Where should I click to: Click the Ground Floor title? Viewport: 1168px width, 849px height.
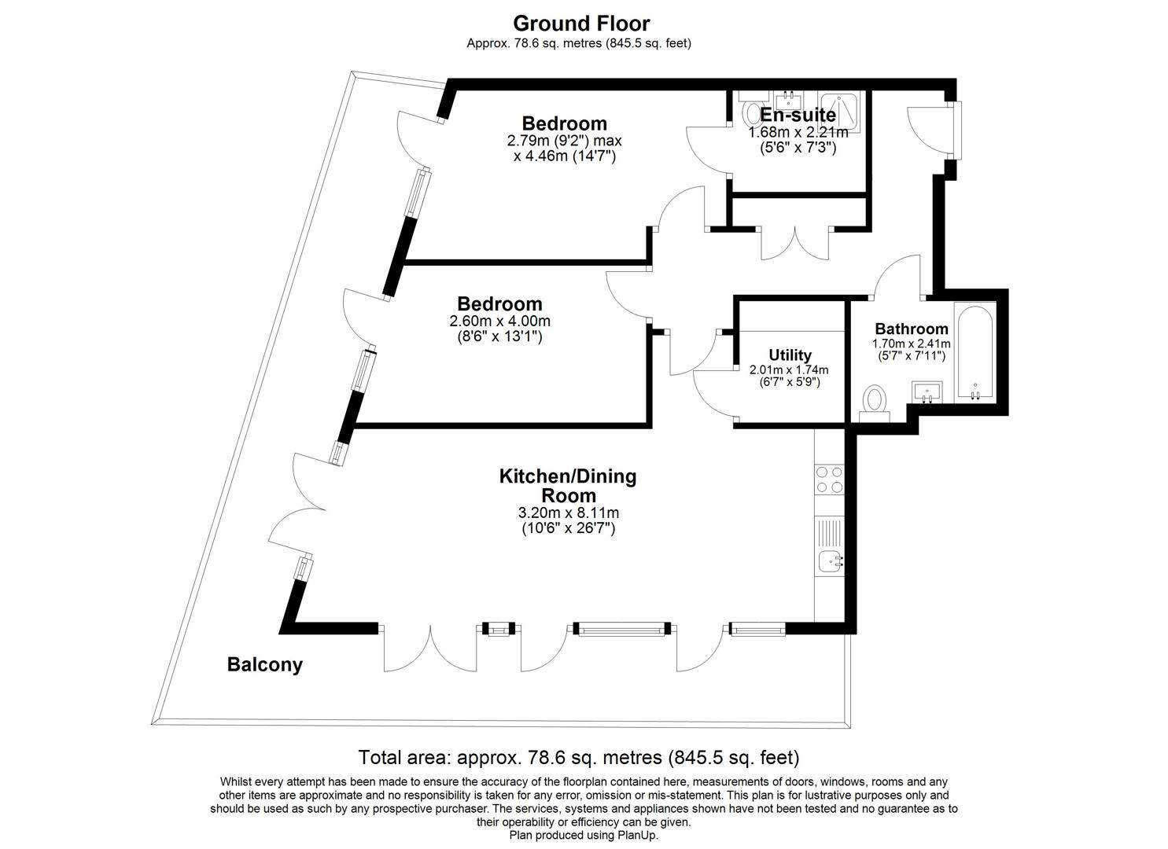[x=581, y=23]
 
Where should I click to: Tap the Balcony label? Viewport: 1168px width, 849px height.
[x=264, y=665]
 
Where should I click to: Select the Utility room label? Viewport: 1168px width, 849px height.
[x=790, y=355]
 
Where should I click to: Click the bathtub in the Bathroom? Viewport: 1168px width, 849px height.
[x=975, y=352]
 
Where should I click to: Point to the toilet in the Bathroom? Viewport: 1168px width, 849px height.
[x=874, y=401]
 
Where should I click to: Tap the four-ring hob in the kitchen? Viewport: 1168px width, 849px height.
[x=829, y=480]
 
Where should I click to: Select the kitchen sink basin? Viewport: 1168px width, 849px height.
[x=831, y=561]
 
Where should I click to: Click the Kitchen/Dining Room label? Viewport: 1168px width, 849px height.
[x=568, y=486]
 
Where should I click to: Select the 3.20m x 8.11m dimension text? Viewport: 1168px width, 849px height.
[x=568, y=513]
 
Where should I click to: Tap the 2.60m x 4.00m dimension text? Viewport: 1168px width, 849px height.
[x=499, y=322]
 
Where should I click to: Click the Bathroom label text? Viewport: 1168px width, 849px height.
[x=911, y=329]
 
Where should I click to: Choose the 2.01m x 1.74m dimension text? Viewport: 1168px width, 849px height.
[x=789, y=369]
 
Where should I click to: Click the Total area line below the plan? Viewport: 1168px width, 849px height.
[x=578, y=758]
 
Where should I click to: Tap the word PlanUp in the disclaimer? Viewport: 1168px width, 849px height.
[x=639, y=836]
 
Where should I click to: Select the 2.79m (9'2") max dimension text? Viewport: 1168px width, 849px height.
[x=564, y=141]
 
